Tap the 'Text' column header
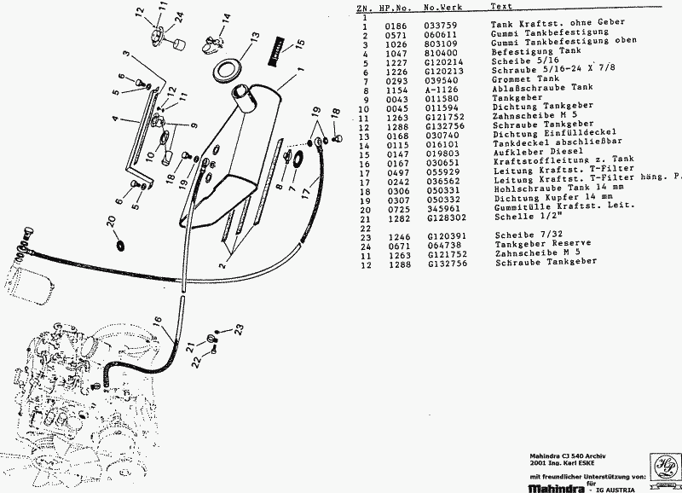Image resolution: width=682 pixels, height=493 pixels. [x=502, y=6]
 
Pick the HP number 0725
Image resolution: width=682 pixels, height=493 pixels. [x=385, y=209]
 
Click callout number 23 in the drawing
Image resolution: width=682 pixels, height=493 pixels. [x=240, y=328]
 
